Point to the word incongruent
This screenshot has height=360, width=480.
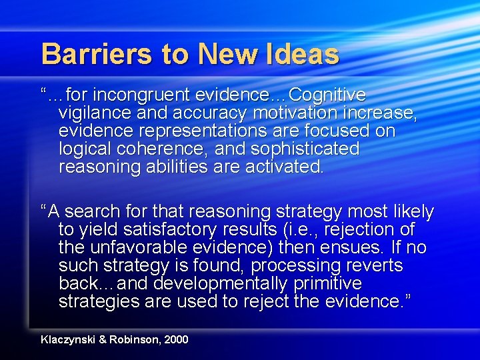point(155,95)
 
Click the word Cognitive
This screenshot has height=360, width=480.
point(327,95)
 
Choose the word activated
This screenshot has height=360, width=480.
point(286,167)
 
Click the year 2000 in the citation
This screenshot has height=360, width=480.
point(175,340)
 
